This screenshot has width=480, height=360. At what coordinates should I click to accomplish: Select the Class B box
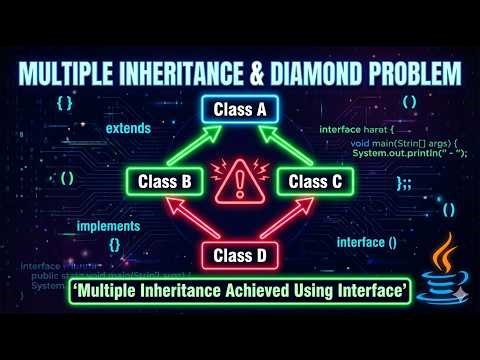tap(166, 182)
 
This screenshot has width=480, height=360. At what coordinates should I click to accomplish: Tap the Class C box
tap(314, 182)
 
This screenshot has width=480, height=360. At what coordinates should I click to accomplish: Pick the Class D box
tap(240, 256)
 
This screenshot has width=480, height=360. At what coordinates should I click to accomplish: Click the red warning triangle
tap(240, 182)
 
